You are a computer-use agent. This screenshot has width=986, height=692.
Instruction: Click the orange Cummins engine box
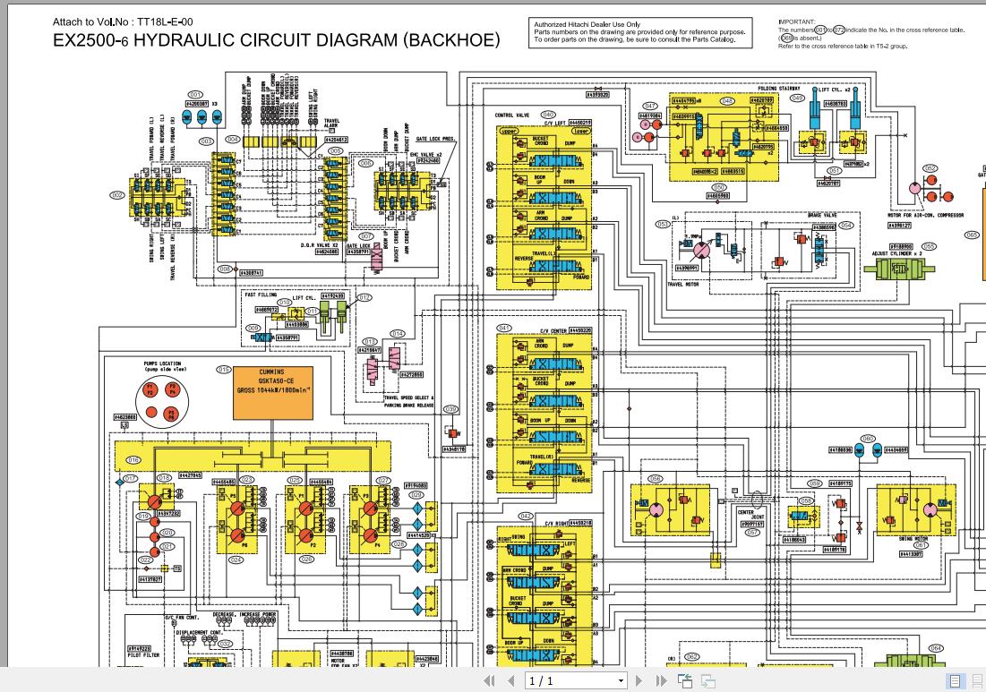pyautogui.click(x=273, y=392)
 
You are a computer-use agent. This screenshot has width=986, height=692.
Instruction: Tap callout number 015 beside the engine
pyautogui.click(x=223, y=369)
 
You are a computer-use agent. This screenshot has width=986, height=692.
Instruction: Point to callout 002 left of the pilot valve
pyautogui.click(x=117, y=194)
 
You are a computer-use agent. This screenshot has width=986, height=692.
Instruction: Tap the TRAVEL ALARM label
pyautogui.click(x=331, y=123)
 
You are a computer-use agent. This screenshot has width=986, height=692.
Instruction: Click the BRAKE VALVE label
pyautogui.click(x=821, y=216)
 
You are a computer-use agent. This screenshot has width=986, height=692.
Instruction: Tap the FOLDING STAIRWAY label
pyautogui.click(x=778, y=89)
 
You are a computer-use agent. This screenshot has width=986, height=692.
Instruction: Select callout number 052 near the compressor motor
pyautogui.click(x=930, y=168)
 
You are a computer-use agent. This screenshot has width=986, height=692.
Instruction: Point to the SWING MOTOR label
pyautogui.click(x=911, y=539)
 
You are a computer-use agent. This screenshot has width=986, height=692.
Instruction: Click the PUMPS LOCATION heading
pyautogui.click(x=162, y=364)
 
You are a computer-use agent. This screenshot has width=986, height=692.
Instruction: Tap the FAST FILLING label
pyautogui.click(x=261, y=294)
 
